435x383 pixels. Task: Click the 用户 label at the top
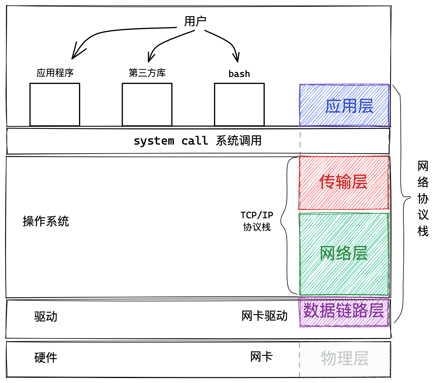click(195, 21)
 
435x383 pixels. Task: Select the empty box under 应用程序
click(55, 104)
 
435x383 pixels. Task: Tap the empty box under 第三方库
click(147, 104)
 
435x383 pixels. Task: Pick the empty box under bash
click(239, 104)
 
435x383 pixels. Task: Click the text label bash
click(239, 74)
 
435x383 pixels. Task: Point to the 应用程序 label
click(55, 73)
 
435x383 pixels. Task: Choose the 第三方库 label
click(147, 73)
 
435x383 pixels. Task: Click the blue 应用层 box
click(344, 106)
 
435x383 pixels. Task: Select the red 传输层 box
click(344, 182)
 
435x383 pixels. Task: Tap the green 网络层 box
click(344, 254)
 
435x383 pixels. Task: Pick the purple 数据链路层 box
click(344, 311)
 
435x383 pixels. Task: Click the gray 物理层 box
click(345, 359)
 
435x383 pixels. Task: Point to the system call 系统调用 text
click(197, 141)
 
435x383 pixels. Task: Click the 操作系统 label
click(46, 221)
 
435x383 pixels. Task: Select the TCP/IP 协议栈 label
click(257, 221)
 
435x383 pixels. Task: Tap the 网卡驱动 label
click(264, 316)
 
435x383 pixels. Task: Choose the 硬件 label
click(46, 358)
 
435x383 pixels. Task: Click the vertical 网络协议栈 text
click(423, 199)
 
